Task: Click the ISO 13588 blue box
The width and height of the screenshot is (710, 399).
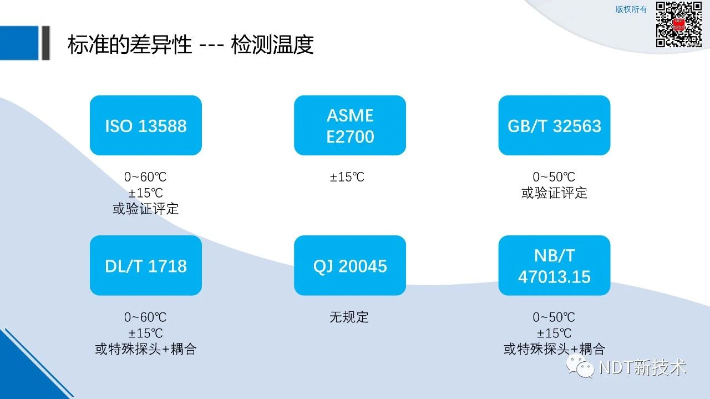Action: [x=146, y=125]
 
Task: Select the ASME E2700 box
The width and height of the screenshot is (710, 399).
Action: [x=350, y=125]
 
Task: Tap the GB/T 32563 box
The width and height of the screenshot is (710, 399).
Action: [x=554, y=125]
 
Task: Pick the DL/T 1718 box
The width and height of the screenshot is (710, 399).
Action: [x=146, y=265]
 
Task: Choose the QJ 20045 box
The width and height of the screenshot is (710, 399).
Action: [x=350, y=265]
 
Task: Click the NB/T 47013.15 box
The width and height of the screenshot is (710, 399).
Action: [x=554, y=265]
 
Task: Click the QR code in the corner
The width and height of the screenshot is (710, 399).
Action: [x=678, y=24]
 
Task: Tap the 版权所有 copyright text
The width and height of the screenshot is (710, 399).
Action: [x=631, y=9]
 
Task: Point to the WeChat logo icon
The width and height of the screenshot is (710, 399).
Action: [x=580, y=366]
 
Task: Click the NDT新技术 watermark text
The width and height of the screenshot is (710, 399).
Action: [x=642, y=367]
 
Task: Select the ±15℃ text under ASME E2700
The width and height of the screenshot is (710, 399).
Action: [x=347, y=177]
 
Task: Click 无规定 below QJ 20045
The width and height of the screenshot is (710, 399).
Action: [x=349, y=317]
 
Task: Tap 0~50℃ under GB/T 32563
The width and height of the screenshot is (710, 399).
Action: [x=554, y=177]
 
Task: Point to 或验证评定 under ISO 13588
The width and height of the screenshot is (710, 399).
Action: [x=146, y=209]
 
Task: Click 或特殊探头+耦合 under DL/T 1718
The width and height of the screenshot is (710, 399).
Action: [x=146, y=349]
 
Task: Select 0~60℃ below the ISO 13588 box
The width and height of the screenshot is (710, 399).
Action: [x=145, y=177]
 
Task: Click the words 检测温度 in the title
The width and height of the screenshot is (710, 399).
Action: [x=272, y=44]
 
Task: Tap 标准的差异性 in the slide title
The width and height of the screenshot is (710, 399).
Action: [x=130, y=44]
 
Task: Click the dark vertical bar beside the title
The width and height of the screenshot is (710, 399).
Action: [x=46, y=43]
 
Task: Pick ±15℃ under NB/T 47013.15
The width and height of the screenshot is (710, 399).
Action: [x=554, y=334]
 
